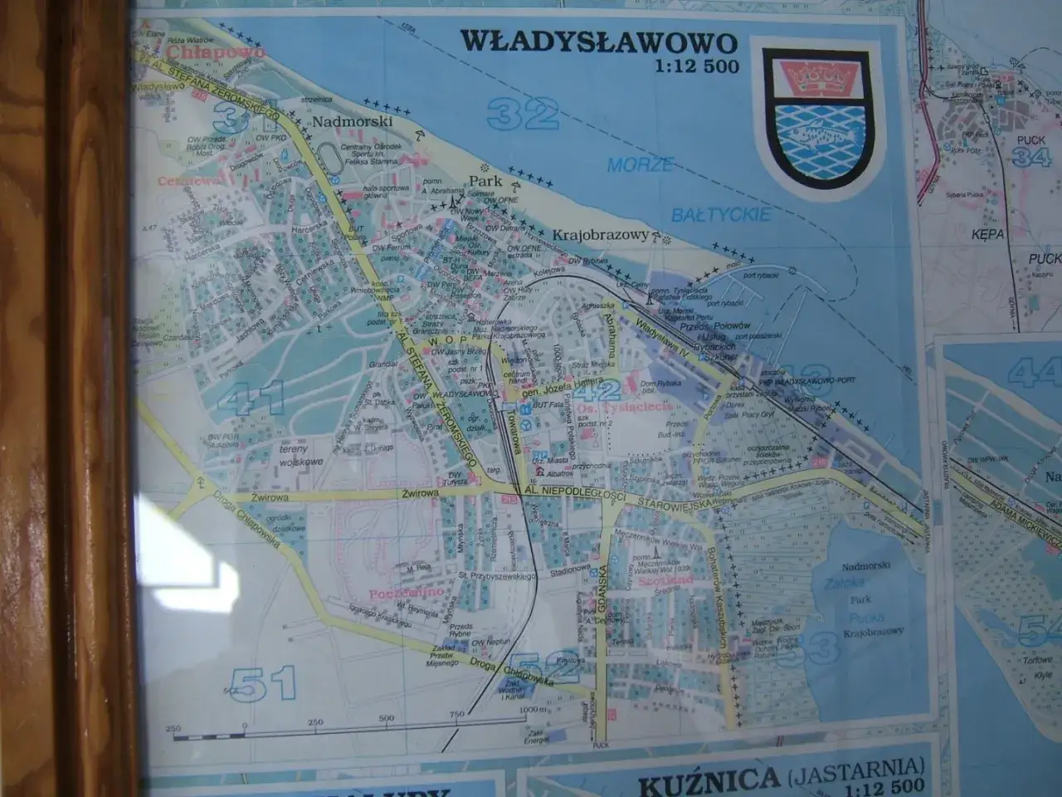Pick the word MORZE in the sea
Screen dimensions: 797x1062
tap(640, 164)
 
